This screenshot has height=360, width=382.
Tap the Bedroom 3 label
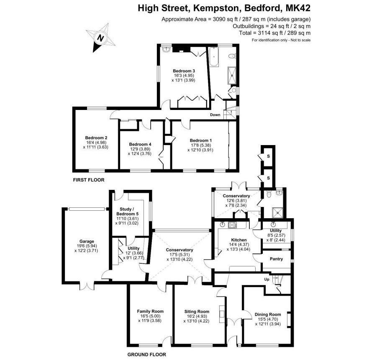[x=184, y=71]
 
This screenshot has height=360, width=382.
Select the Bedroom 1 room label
[x=200, y=140]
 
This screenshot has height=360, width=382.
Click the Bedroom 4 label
[x=140, y=144]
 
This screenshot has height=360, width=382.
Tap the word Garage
[x=79, y=241]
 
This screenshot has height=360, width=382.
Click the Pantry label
[x=276, y=259]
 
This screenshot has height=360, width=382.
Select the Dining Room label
[x=268, y=314]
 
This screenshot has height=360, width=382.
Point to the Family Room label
[x=150, y=311]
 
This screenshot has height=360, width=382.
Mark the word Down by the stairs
[x=215, y=115]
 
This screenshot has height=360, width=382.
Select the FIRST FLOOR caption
[x=89, y=180]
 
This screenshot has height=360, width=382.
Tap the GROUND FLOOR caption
[x=146, y=355]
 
